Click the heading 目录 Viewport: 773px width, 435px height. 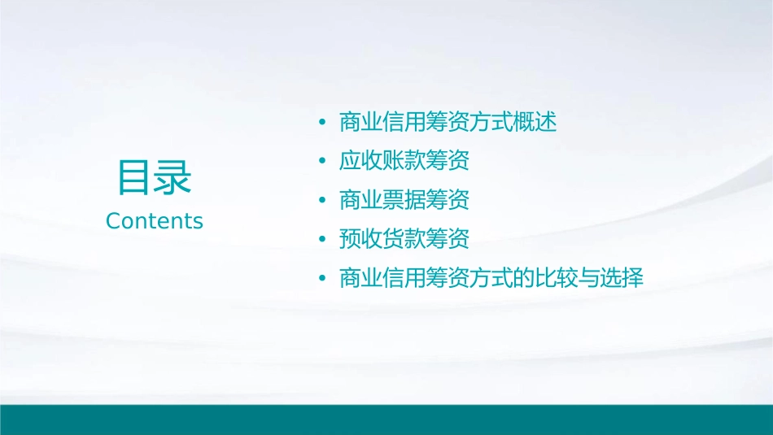point(155,177)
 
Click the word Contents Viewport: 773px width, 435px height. point(155,221)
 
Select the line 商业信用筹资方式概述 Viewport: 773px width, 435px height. point(448,123)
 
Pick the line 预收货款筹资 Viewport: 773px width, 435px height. point(404,240)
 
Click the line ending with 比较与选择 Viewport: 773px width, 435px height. point(491,279)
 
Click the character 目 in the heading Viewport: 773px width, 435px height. point(135,177)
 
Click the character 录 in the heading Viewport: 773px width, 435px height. point(173,177)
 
